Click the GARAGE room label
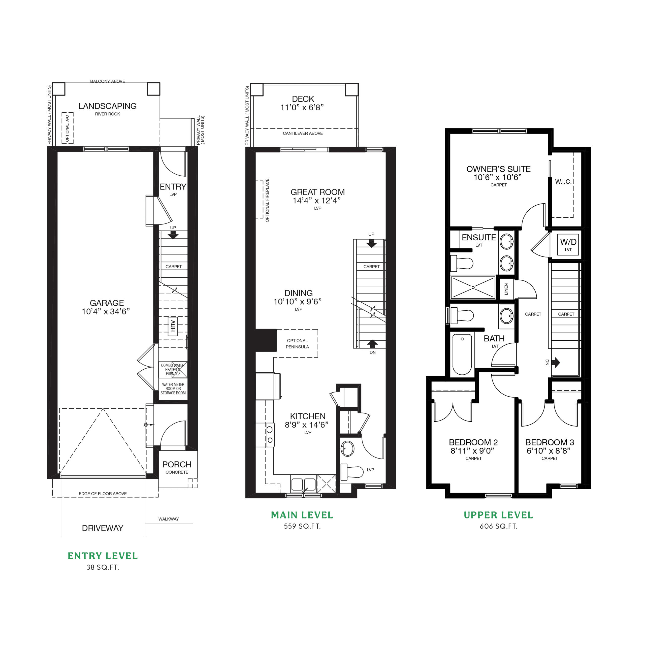[x=107, y=303]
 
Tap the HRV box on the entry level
[x=173, y=326]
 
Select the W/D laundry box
[x=568, y=245]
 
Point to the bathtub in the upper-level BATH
[x=462, y=354]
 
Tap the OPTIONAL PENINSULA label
[x=297, y=343]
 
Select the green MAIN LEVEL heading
[x=302, y=515]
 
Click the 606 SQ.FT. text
[x=498, y=526]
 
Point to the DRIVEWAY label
[x=103, y=528]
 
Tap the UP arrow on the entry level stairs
[x=173, y=235]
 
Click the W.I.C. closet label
[x=563, y=182]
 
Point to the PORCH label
[x=177, y=464]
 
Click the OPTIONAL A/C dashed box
[x=68, y=128]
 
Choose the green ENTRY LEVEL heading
[x=103, y=556]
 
